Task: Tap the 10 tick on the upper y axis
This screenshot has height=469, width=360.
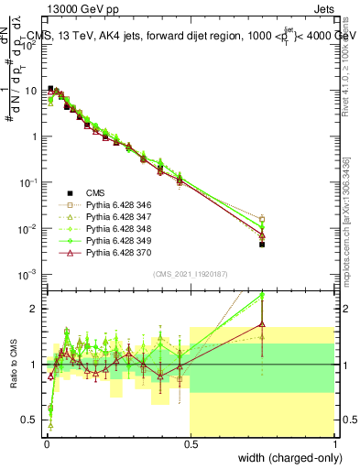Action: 34,91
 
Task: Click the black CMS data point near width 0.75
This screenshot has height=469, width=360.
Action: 262,245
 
